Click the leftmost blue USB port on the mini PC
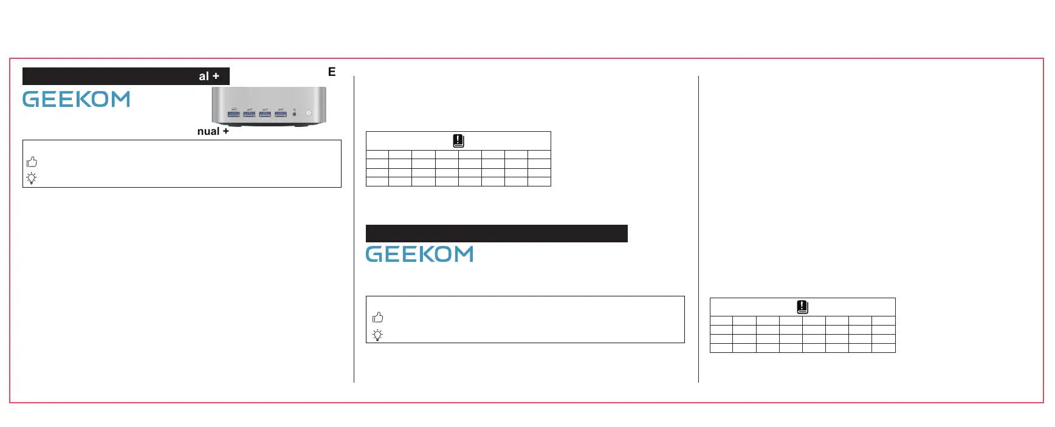[x=233, y=114]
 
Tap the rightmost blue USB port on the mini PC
[x=281, y=114]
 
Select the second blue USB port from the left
[x=249, y=114]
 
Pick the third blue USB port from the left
[x=265, y=114]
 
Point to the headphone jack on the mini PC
[x=295, y=114]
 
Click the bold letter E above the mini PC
[x=332, y=72]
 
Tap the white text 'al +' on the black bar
[x=208, y=76]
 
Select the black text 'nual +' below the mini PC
[x=213, y=131]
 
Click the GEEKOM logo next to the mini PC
[x=77, y=99]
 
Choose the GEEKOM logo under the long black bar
[x=419, y=254]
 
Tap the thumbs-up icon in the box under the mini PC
[x=32, y=162]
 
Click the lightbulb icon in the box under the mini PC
[x=32, y=178]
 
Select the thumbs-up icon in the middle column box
[x=378, y=317]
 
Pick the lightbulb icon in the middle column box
[x=377, y=335]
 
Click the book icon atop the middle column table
[x=458, y=141]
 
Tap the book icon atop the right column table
[x=802, y=307]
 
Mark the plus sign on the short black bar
[x=216, y=76]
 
